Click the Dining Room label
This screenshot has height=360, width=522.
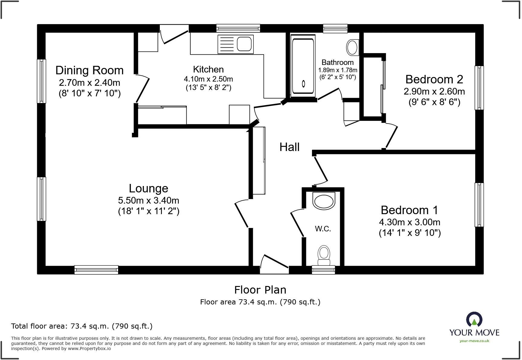(x=89, y=70)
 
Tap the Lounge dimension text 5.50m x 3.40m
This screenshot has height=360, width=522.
(x=148, y=200)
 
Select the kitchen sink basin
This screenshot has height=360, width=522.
(x=244, y=44)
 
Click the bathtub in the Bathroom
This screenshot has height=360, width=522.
(x=303, y=65)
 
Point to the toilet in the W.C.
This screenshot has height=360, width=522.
(x=324, y=255)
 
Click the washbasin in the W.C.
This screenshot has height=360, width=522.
(x=324, y=201)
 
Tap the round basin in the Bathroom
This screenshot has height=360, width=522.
(x=352, y=47)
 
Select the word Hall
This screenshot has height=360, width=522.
(x=289, y=147)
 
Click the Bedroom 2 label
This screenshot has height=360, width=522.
(x=434, y=79)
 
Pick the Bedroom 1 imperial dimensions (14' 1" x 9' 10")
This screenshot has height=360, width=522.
(x=410, y=233)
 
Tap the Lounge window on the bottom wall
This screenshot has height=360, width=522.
(x=96, y=269)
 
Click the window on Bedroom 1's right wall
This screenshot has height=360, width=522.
(x=479, y=204)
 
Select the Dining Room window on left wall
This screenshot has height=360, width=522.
(x=41, y=81)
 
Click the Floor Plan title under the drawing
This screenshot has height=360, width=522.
(x=260, y=290)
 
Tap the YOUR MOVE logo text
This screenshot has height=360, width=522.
(x=474, y=333)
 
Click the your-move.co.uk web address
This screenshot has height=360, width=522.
(x=474, y=341)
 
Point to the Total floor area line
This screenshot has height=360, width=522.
(x=82, y=326)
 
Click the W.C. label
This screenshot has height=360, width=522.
(x=323, y=229)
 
